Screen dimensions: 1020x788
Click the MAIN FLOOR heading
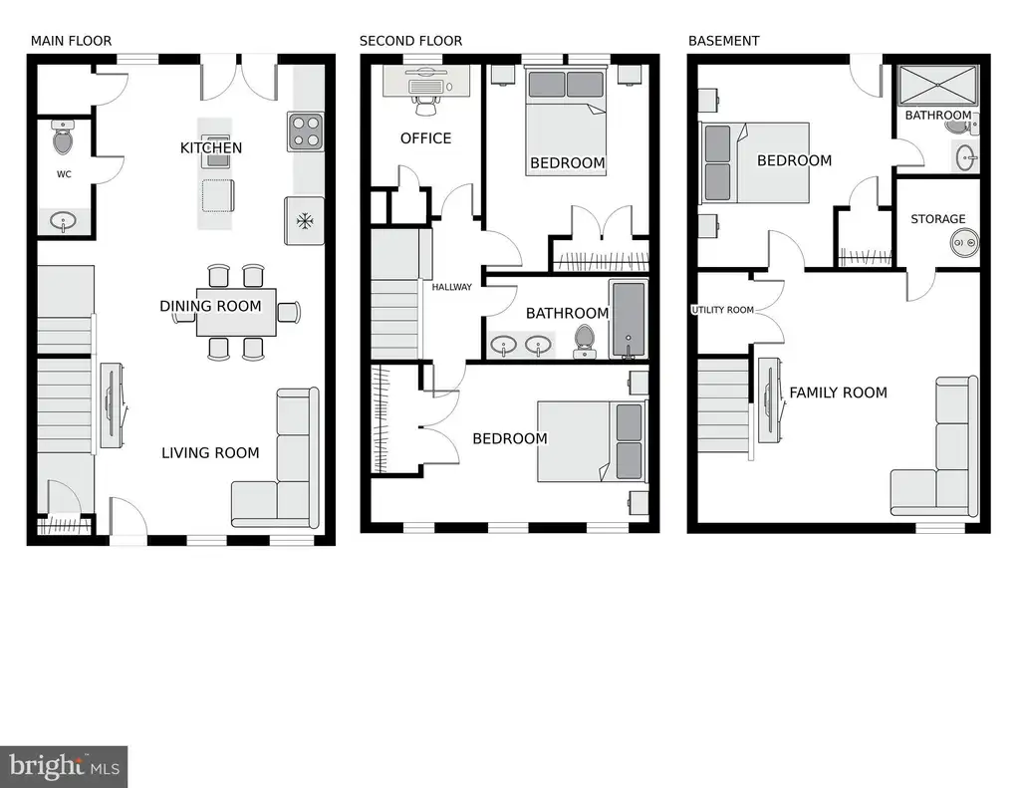pyautogui.click(x=71, y=41)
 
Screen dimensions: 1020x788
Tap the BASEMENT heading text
pyautogui.click(x=723, y=41)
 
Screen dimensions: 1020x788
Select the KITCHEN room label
pyautogui.click(x=211, y=148)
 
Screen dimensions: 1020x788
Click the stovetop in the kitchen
pyautogui.click(x=306, y=131)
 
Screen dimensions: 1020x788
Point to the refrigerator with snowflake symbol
pyautogui.click(x=304, y=220)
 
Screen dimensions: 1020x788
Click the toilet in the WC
pyautogui.click(x=63, y=138)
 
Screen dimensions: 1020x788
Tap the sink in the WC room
pyautogui.click(x=63, y=222)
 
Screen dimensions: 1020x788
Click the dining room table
pyautogui.click(x=236, y=313)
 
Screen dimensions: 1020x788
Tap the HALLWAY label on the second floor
pyautogui.click(x=452, y=287)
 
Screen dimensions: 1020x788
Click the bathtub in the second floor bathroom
pyautogui.click(x=628, y=319)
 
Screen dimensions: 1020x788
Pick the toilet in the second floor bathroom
pyautogui.click(x=584, y=341)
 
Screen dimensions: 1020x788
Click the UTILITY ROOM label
pyautogui.click(x=723, y=310)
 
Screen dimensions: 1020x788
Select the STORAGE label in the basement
pyautogui.click(x=938, y=219)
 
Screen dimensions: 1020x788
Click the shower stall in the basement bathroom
pyautogui.click(x=938, y=86)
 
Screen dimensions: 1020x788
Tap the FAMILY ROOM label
pyautogui.click(x=838, y=394)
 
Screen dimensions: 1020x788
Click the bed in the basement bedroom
pyautogui.click(x=755, y=162)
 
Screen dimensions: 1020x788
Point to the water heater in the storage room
pyautogui.click(x=963, y=243)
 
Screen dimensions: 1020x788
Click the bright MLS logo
pyautogui.click(x=64, y=766)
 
